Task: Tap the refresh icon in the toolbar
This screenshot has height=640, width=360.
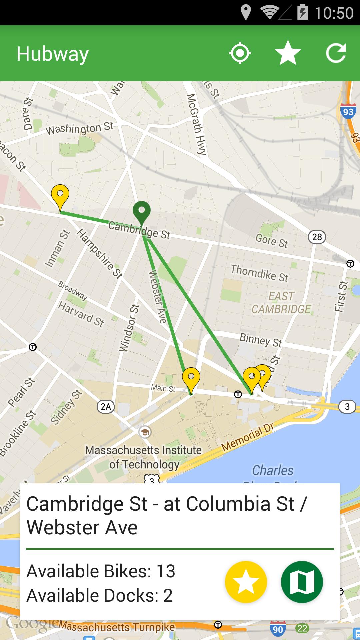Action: pos(336,53)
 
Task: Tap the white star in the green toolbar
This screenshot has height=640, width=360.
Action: pos(288,53)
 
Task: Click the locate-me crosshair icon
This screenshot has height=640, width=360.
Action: pos(240,53)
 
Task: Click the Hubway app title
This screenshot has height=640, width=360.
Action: pos(53,54)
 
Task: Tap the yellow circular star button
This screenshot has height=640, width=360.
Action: pos(246,582)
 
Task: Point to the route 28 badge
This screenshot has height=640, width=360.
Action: pos(317,237)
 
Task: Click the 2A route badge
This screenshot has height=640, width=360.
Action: pos(106,407)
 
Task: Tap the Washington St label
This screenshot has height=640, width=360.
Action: pos(79,128)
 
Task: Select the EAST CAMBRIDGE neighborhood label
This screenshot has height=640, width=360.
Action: pos(281,303)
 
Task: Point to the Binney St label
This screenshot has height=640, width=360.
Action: pos(261,340)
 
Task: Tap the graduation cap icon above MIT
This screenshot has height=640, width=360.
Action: pos(145,432)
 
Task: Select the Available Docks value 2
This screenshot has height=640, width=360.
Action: pos(168,595)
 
